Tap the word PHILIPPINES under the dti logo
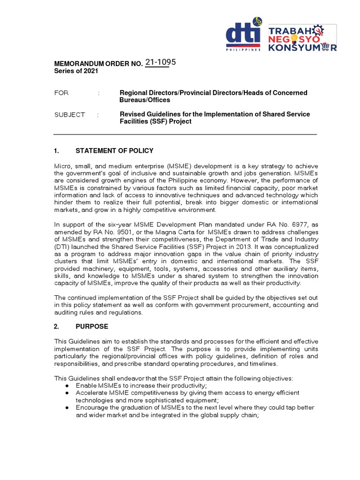point(243,49)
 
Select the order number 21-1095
point(160,63)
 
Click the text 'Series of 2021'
point(76,71)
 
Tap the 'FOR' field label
point(61,93)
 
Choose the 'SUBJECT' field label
point(70,114)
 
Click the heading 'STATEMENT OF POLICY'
point(114,150)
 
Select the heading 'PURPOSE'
point(92,326)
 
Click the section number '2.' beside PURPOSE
point(57,326)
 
